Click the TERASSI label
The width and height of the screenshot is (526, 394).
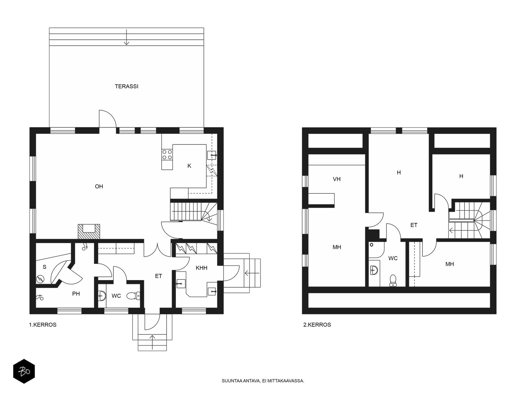click(x=127, y=86)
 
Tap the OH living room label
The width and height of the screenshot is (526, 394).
click(x=99, y=186)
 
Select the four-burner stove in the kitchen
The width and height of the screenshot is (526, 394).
click(x=167, y=155)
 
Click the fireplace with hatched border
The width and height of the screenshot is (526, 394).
click(x=89, y=231)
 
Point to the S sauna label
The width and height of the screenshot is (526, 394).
click(x=44, y=267)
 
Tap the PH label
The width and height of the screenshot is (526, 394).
click(x=76, y=294)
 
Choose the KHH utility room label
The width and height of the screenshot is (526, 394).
click(x=202, y=268)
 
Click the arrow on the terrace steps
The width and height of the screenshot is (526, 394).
click(x=127, y=37)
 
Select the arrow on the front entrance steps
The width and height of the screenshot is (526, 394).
click(x=153, y=342)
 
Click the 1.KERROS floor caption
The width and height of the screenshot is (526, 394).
click(x=43, y=325)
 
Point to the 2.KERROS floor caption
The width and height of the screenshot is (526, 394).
click(x=317, y=325)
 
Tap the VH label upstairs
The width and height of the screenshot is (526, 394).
click(x=337, y=179)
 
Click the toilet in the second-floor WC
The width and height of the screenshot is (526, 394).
click(x=393, y=280)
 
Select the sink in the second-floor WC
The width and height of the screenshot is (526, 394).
click(x=374, y=270)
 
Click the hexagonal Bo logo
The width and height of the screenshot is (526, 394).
click(x=24, y=371)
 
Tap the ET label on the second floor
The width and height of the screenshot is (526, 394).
click(x=414, y=225)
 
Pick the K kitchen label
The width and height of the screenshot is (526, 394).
click(x=189, y=166)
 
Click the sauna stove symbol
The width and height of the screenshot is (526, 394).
click(x=40, y=279)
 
